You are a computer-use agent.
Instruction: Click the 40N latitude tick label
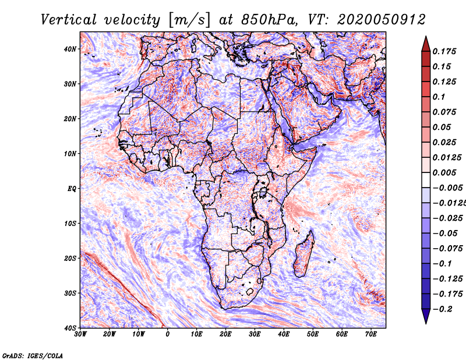click(70, 49)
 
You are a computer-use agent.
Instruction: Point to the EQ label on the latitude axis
click(72, 189)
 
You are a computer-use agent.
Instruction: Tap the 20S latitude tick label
click(70, 258)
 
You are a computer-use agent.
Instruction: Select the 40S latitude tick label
click(70, 328)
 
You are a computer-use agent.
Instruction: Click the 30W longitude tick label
click(80, 334)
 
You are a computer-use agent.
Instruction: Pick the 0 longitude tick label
click(168, 334)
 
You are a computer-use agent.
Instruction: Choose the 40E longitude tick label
click(284, 334)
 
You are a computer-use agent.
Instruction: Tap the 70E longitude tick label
click(371, 334)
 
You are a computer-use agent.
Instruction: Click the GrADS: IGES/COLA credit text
click(33, 355)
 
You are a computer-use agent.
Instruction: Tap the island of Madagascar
click(304, 253)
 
